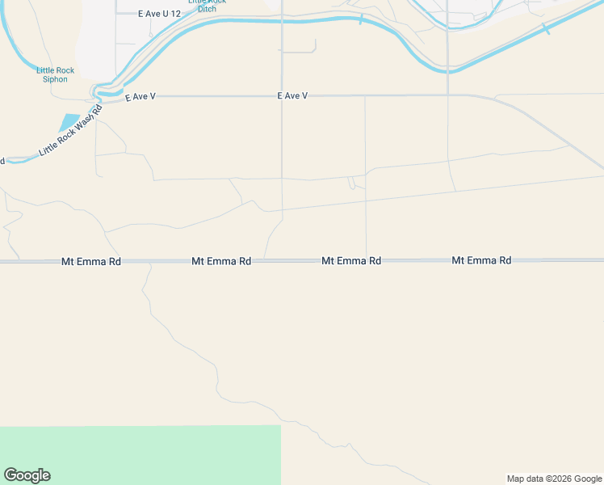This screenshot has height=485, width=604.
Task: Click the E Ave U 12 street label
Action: tap(159, 14)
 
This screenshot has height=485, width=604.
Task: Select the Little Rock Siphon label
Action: tap(56, 75)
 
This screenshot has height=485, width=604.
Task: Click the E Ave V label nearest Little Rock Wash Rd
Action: tap(141, 96)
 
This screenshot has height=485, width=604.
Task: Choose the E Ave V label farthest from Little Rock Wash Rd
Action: tap(292, 95)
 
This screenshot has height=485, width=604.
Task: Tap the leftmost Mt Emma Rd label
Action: tap(91, 262)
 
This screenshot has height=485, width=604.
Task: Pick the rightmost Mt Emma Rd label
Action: tap(481, 260)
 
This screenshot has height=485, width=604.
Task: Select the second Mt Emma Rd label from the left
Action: tap(221, 262)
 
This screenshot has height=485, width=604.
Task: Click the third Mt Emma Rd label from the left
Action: tap(351, 261)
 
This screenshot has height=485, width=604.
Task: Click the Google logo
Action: tap(27, 475)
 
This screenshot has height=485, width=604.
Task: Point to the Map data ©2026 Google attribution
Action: tap(554, 479)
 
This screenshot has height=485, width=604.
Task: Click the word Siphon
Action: tap(56, 79)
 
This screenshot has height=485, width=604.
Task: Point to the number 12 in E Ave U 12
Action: tap(176, 14)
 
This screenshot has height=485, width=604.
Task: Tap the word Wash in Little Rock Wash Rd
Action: tap(78, 126)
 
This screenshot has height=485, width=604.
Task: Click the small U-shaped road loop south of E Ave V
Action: tap(351, 183)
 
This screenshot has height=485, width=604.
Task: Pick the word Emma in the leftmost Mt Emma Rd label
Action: tap(92, 262)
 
